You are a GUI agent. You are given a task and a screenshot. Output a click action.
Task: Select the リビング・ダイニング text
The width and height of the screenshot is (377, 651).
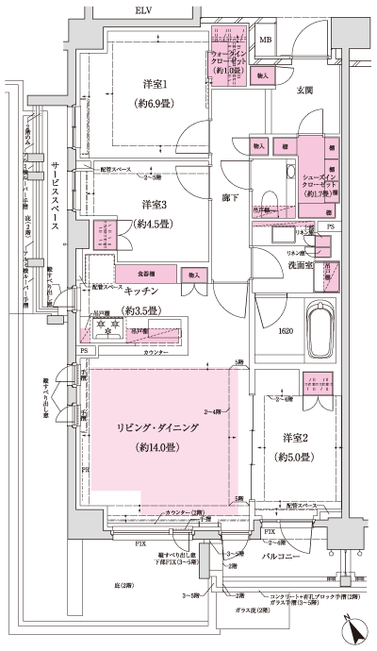[x=161, y=427]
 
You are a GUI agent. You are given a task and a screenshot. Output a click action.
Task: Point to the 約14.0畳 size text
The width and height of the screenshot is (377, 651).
[x=160, y=447]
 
